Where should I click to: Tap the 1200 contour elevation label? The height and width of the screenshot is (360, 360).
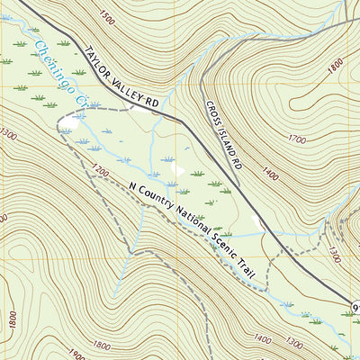coord(100,170)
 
